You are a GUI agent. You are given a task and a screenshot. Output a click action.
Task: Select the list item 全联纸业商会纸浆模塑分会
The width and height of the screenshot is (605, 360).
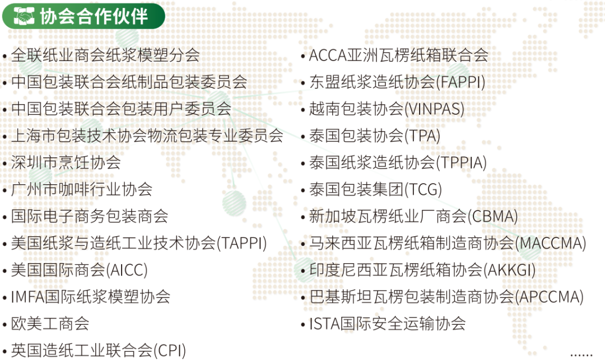click(105, 55)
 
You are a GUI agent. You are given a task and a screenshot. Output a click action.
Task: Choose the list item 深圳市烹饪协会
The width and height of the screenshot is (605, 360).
click(66, 162)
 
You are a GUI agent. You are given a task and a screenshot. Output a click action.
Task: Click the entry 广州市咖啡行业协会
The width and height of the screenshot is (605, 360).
click(82, 189)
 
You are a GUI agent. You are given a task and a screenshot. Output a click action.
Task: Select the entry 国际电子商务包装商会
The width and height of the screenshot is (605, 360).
click(90, 216)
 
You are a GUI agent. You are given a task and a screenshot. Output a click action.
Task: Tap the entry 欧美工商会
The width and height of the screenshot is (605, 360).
click(50, 324)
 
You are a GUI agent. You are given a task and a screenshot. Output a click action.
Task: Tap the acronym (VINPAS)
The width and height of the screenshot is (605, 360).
click(434, 109)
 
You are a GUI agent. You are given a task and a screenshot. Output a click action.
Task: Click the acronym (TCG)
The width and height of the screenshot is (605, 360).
click(423, 189)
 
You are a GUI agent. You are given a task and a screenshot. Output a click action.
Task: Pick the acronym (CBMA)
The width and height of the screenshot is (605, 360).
click(492, 216)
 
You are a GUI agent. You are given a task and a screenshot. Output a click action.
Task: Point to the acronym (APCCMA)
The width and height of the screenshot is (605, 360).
click(549, 297)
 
